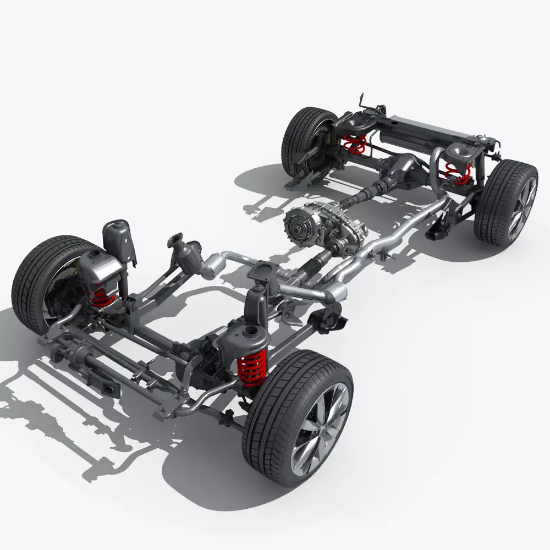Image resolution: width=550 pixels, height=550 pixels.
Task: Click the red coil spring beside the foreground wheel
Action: [252, 367]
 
